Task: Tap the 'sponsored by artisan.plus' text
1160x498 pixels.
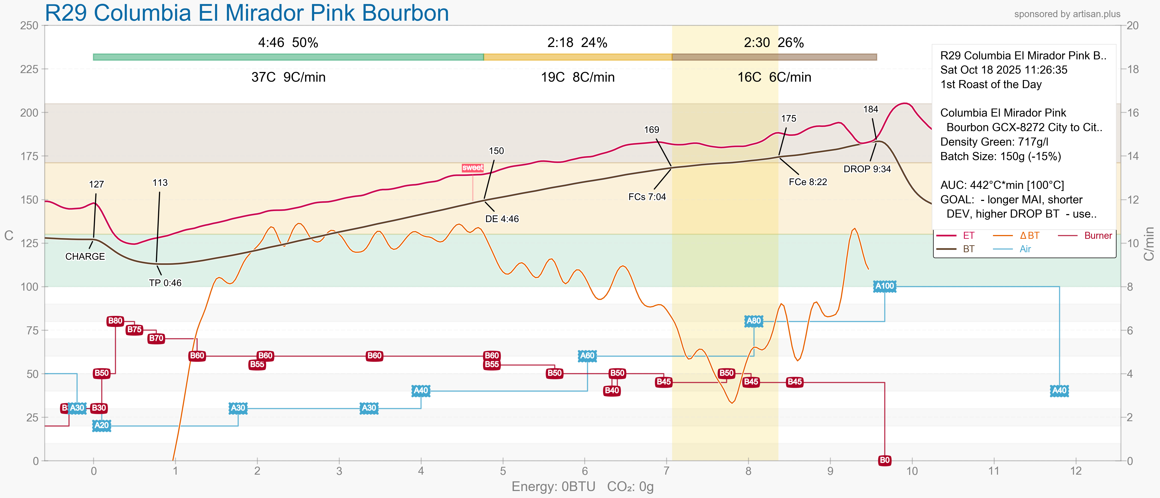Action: point(1067,14)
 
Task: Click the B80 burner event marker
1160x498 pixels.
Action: point(115,321)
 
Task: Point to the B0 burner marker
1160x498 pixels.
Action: point(885,460)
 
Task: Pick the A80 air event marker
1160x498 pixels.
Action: point(753,321)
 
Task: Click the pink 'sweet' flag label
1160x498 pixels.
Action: point(472,168)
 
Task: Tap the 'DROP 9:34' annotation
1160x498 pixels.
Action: point(867,169)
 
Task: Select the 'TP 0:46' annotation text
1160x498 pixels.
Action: point(165,283)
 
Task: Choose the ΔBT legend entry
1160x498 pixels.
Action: point(1029,236)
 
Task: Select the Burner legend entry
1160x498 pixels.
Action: point(1097,236)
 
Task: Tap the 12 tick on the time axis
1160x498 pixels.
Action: point(1075,471)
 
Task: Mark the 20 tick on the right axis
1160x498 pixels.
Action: point(1132,26)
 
